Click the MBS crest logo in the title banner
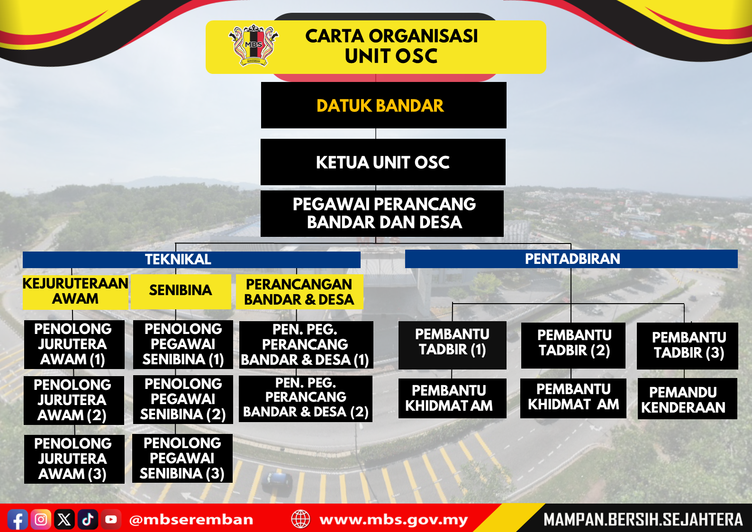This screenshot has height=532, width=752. [x=254, y=45]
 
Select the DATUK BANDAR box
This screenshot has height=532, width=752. [x=383, y=105]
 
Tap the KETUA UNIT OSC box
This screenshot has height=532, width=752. [x=383, y=162]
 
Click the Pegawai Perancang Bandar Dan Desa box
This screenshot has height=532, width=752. [x=382, y=214]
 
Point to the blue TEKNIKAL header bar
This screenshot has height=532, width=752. [x=191, y=260]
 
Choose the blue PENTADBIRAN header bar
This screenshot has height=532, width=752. [x=571, y=259]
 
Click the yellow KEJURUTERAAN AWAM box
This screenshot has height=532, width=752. [x=75, y=292]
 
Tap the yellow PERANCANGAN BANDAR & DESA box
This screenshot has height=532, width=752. [x=299, y=292]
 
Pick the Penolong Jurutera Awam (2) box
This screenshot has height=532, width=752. [x=74, y=400]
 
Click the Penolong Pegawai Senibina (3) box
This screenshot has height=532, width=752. [x=182, y=458]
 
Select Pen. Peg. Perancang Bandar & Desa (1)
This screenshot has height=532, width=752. [x=306, y=345]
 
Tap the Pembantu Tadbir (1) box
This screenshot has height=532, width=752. [x=452, y=345]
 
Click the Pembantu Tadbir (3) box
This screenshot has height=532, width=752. [x=687, y=346]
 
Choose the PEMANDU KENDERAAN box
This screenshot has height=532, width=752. [x=687, y=398]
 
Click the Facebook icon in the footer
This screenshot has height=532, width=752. [x=18, y=519]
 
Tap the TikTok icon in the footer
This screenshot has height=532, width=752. [x=88, y=519]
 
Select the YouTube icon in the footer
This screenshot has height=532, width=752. [x=111, y=519]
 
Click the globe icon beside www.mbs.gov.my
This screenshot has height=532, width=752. [x=300, y=519]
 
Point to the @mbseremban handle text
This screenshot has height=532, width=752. [x=191, y=520]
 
